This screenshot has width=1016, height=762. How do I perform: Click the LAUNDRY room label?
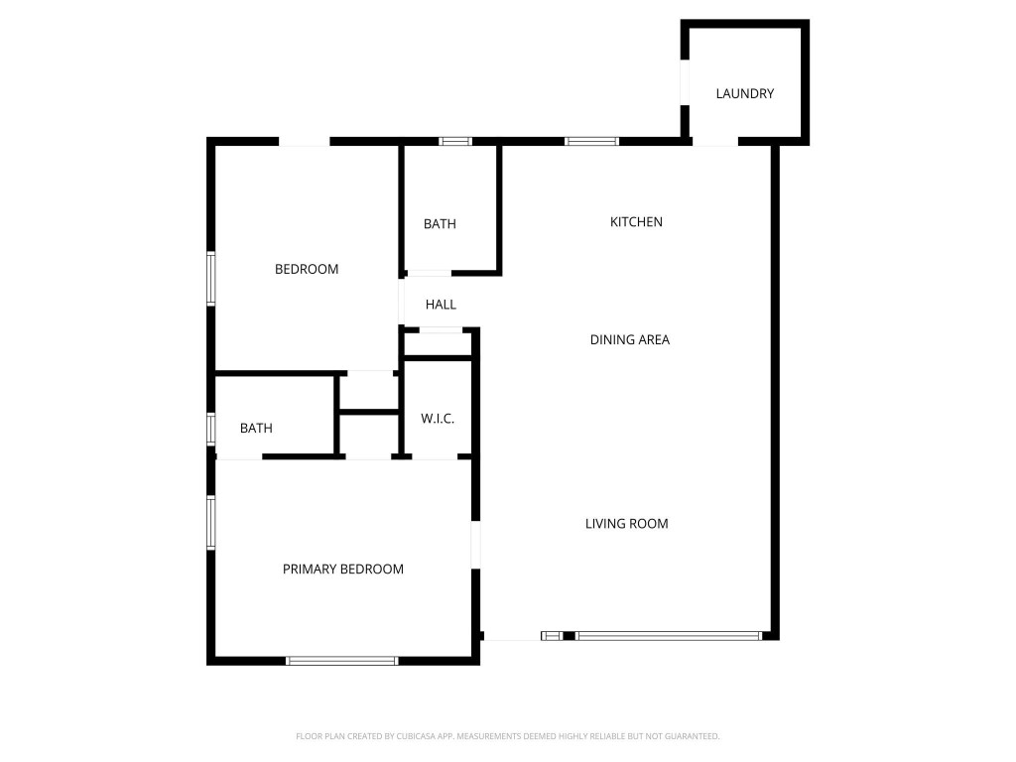tap(744, 94)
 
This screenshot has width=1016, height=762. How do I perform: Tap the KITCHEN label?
tap(636, 222)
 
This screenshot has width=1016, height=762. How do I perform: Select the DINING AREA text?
tap(629, 339)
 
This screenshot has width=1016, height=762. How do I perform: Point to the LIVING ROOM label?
tap(626, 524)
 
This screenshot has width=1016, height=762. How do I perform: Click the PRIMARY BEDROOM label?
tap(343, 570)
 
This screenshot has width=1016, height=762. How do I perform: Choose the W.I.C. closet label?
tap(438, 419)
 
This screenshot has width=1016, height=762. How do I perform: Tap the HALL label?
tap(441, 305)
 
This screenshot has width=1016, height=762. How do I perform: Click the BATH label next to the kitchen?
tap(440, 224)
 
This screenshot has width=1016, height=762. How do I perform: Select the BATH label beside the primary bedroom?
tap(256, 429)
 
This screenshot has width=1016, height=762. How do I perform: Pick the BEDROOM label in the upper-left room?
tap(307, 269)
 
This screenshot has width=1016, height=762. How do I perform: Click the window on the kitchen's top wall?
tap(591, 142)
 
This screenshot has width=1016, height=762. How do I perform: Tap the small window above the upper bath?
tap(455, 142)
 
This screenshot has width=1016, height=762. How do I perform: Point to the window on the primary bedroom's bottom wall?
tap(341, 660)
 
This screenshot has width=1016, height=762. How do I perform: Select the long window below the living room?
tap(669, 635)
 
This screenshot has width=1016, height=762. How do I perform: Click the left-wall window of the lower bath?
tap(211, 429)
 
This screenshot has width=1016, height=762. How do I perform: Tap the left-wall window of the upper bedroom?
tap(211, 278)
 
